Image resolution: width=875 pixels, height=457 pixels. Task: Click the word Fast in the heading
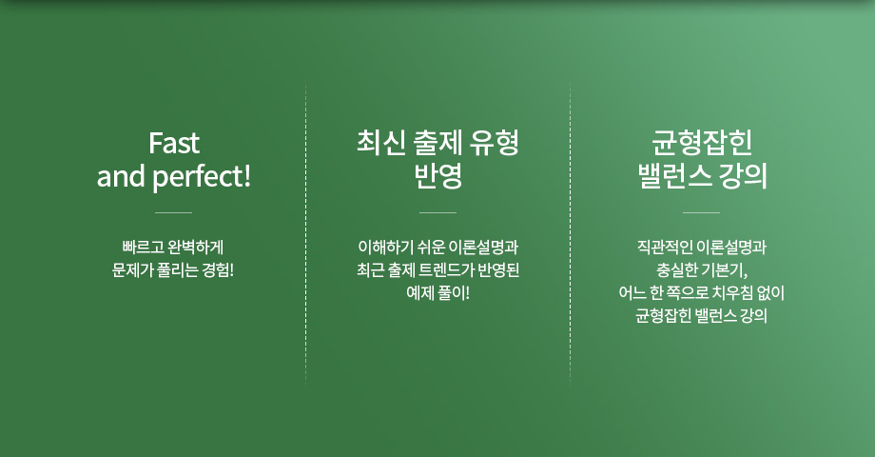pyautogui.click(x=173, y=143)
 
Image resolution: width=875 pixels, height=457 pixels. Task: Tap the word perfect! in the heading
pyautogui.click(x=202, y=177)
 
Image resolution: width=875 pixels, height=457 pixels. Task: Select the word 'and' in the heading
pyautogui.click(x=121, y=176)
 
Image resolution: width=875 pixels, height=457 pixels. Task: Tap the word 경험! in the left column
pyautogui.click(x=218, y=269)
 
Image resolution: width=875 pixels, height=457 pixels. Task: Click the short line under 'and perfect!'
pyautogui.click(x=173, y=213)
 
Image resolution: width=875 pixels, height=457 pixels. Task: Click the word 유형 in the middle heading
pyautogui.click(x=495, y=143)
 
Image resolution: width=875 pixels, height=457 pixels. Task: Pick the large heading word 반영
pyautogui.click(x=438, y=176)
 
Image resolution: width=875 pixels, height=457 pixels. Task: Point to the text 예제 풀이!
pyautogui.click(x=438, y=292)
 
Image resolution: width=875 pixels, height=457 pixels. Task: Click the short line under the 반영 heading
pyautogui.click(x=437, y=213)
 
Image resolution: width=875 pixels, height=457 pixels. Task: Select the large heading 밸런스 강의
pyautogui.click(x=703, y=176)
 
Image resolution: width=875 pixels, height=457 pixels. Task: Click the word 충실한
pyautogui.click(x=677, y=269)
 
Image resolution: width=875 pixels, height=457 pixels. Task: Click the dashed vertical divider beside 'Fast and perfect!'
pyautogui.click(x=306, y=233)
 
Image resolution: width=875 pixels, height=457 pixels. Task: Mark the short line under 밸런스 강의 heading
pyautogui.click(x=702, y=213)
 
